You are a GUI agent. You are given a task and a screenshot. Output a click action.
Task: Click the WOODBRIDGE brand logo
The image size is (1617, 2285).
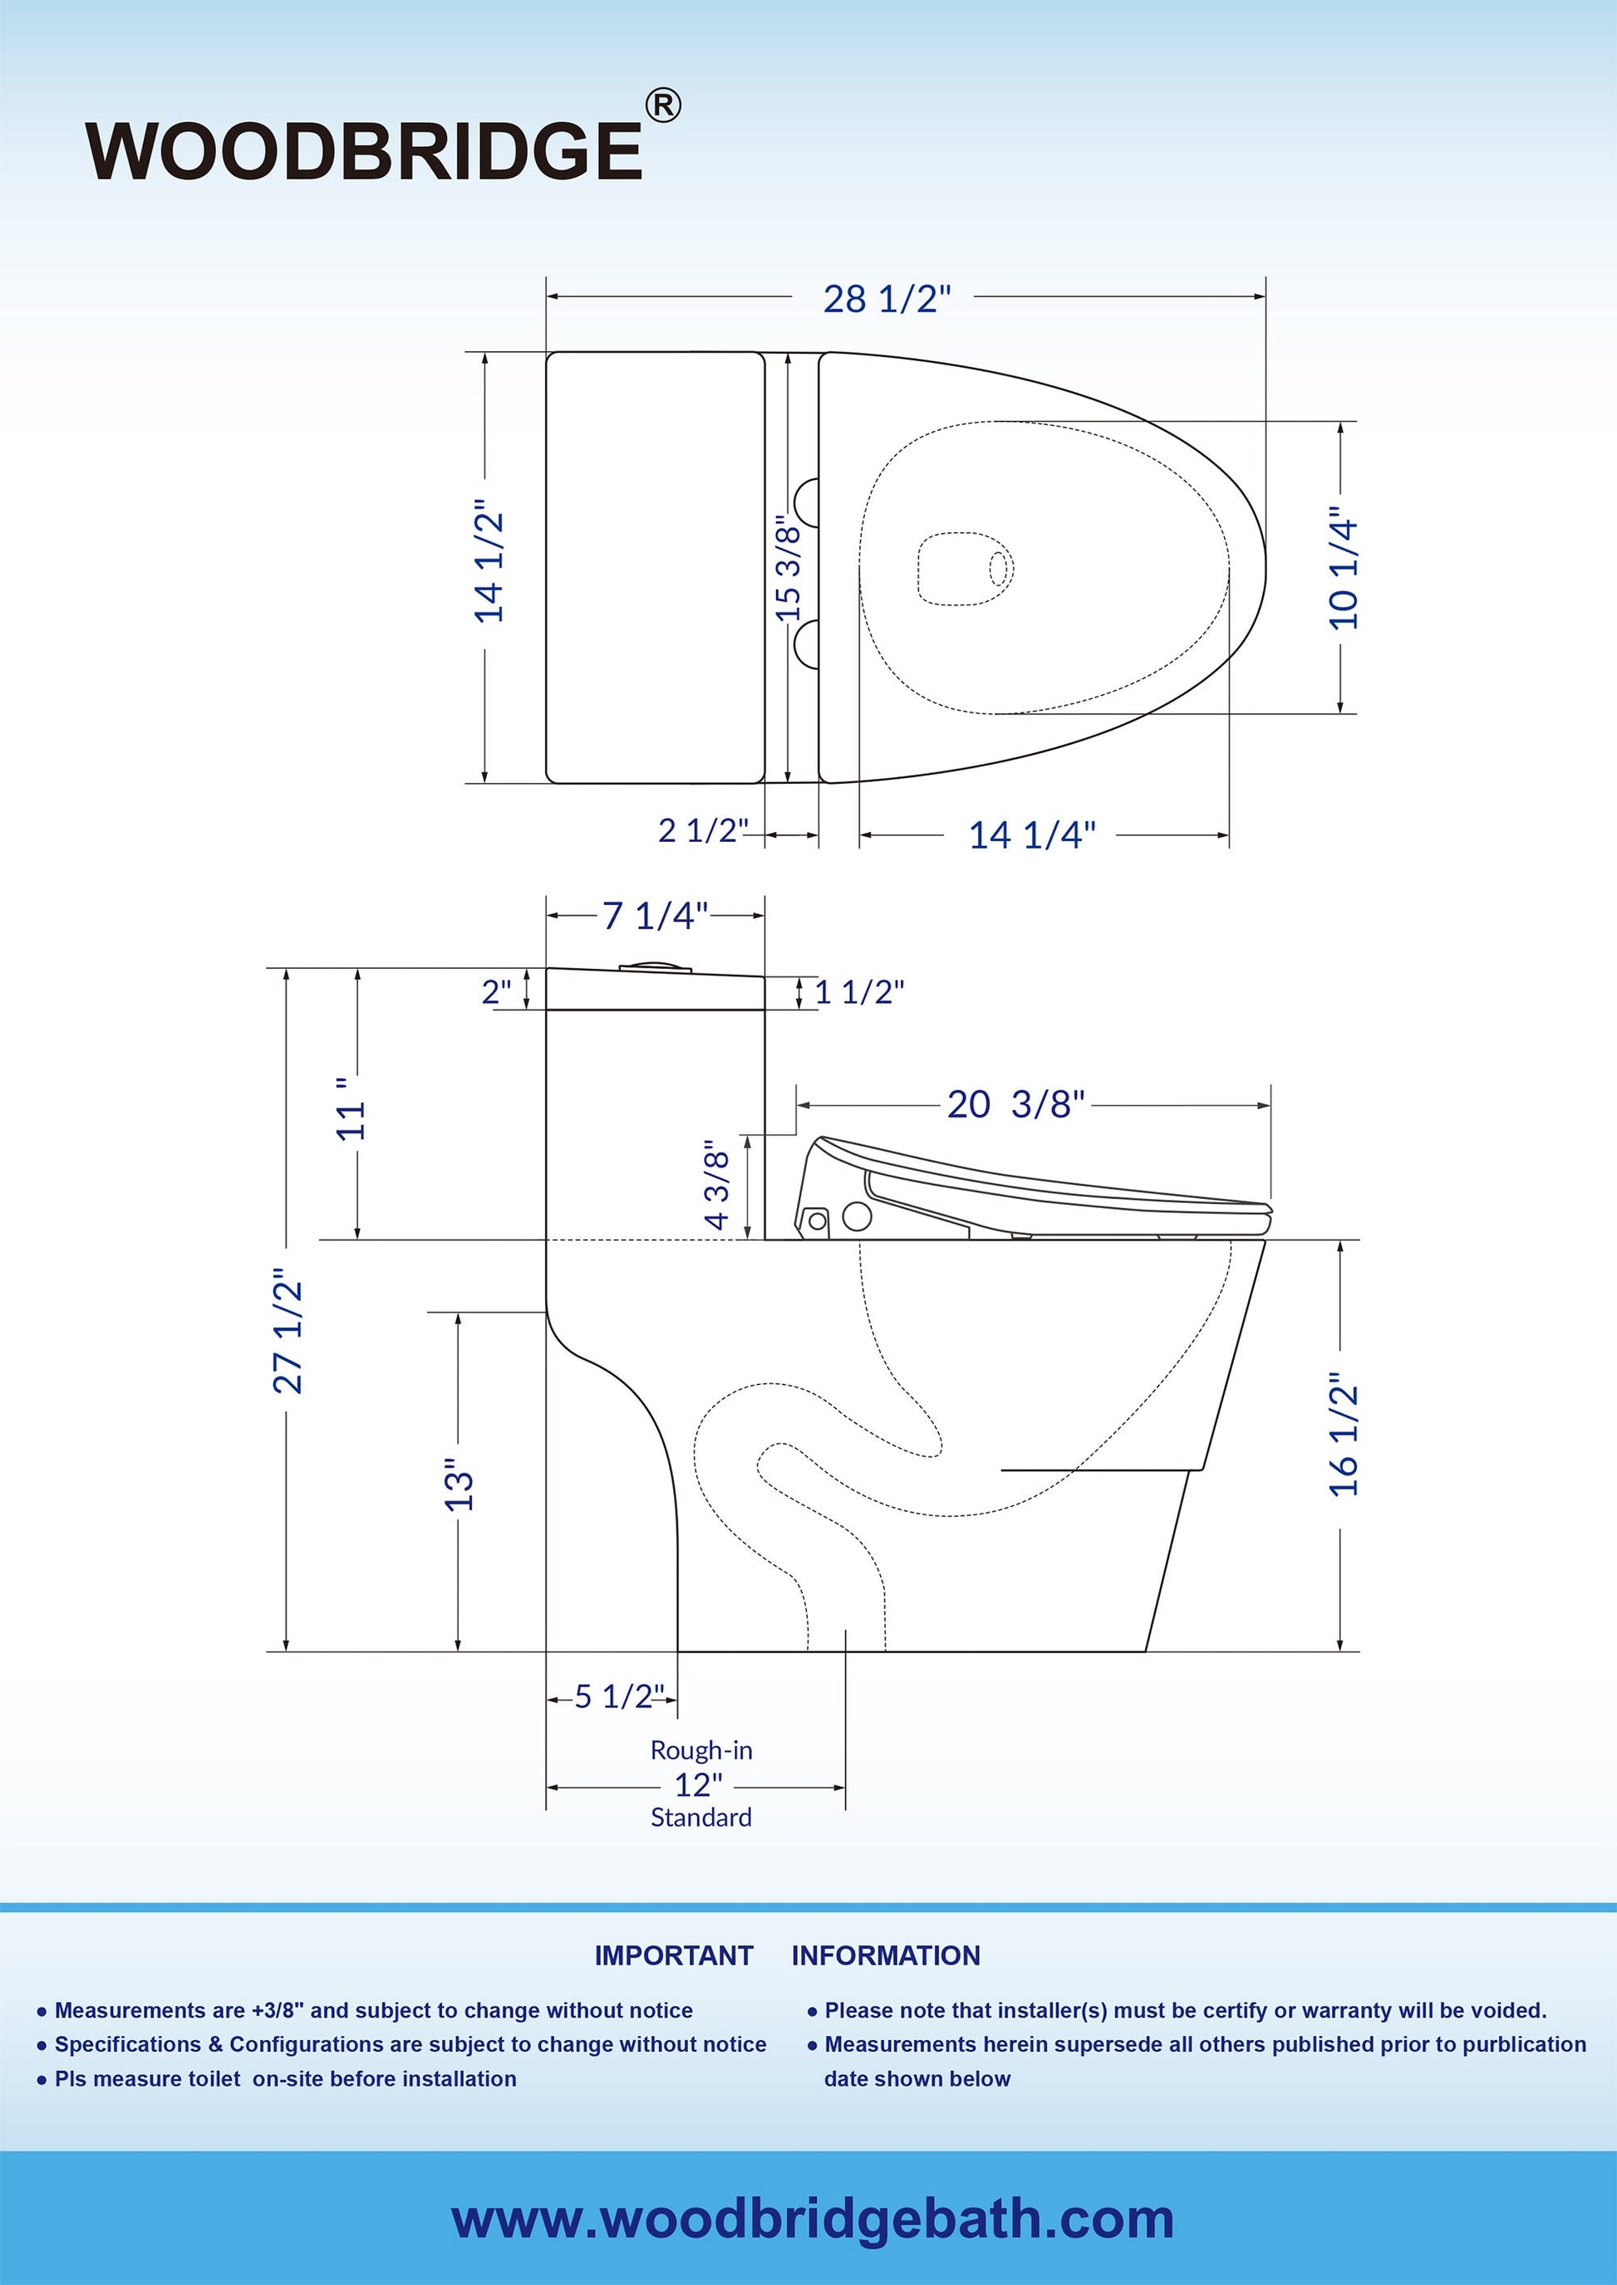(x=365, y=151)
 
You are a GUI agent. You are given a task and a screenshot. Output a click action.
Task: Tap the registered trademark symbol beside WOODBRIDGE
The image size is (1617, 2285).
(x=663, y=105)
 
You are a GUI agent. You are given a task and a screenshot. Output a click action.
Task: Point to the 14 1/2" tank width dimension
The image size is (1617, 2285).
(x=489, y=567)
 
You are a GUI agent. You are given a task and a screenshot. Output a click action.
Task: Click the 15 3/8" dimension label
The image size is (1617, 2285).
(x=788, y=568)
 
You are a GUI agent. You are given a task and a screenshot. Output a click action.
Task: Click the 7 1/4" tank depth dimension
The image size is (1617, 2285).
(x=655, y=916)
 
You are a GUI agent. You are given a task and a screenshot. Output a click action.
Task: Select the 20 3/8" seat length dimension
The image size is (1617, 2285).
(x=1015, y=1104)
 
